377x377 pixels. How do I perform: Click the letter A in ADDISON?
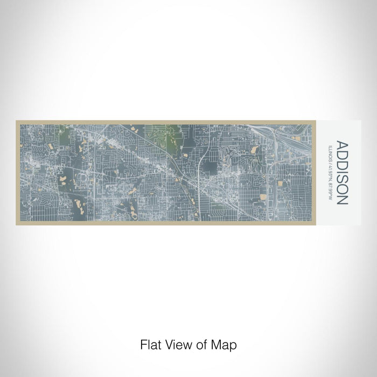[343, 144]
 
